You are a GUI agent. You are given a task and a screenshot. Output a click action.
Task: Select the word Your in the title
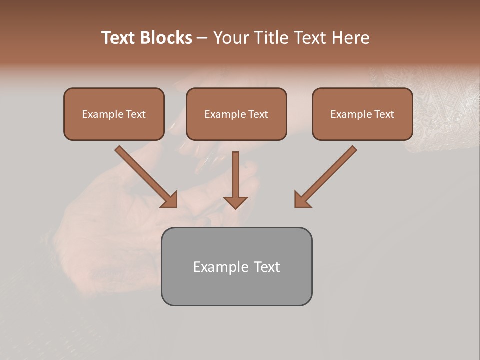[232, 38]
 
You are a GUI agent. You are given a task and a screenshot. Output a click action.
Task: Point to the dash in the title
[203, 38]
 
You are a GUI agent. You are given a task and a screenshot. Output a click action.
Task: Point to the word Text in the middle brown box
[258, 114]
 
